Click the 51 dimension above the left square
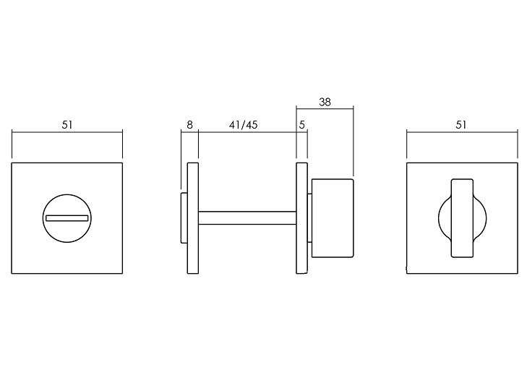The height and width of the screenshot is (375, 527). coord(67,125)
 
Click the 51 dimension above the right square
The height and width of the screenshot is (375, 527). coord(461,125)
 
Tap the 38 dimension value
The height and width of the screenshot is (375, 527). coord(325,102)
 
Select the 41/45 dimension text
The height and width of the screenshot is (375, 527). coord(244,125)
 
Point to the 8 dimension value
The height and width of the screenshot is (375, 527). coord(190,125)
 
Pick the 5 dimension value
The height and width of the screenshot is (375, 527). coord(302,125)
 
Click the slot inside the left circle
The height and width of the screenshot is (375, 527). coord(67,218)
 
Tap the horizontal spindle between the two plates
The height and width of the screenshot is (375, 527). coord(247,218)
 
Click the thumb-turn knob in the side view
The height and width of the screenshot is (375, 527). coord(333,218)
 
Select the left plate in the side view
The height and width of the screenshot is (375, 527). coord(193,218)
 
